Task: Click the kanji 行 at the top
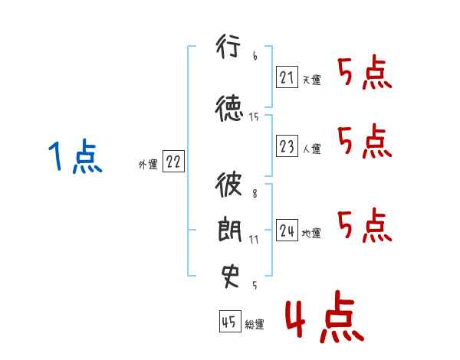pos(228,46)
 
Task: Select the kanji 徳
pos(229,108)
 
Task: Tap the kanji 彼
pos(228,184)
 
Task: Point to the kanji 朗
pos(230,229)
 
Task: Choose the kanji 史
pos(230,277)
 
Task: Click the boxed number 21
pos(287,77)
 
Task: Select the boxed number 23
pos(287,146)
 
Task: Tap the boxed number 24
pos(287,230)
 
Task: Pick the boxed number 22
pos(173,161)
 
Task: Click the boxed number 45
pos(230,321)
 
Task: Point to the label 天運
pos(311,80)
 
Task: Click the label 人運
pos(311,149)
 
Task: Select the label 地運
pos(311,233)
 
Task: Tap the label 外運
pos(148,165)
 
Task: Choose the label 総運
pos(255,324)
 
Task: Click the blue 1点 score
pos(75,156)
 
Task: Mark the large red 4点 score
pos(325,317)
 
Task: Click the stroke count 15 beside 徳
pos(254,117)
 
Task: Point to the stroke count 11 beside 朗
pos(254,240)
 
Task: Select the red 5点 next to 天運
pos(365,72)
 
